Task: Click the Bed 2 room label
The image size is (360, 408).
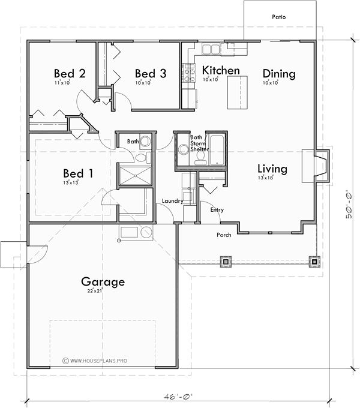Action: coord(70,73)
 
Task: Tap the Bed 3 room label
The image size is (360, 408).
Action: coord(150,73)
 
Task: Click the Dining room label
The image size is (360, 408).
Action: coord(279,74)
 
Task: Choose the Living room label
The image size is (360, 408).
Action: coord(272,169)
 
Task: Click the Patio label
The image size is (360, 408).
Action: coord(278,17)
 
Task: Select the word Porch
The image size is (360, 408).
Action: coord(224,235)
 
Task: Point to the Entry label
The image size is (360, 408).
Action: coord(217,209)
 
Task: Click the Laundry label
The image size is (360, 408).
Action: coord(172,201)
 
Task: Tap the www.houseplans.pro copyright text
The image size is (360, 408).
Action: coord(96,361)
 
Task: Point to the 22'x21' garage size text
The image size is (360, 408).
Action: coord(95,290)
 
